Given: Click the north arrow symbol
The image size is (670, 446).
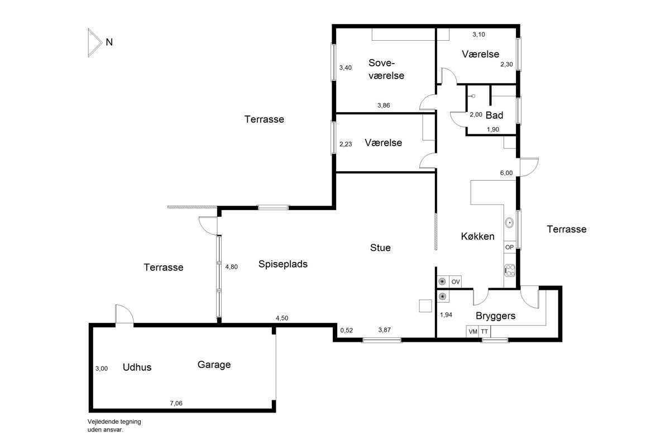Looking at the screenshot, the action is [95, 42].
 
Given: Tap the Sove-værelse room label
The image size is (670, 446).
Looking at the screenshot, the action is [386, 69].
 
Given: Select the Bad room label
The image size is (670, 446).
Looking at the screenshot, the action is [494, 115].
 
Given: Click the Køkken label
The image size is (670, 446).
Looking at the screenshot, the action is [477, 236].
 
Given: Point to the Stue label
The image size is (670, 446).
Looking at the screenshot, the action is [380, 248].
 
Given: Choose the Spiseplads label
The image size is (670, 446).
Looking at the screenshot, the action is [283, 264].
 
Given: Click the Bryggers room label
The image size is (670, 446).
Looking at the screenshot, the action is [495, 316].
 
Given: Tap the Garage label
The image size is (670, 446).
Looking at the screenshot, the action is [214, 365].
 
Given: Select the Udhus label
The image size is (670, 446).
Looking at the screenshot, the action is [137, 367].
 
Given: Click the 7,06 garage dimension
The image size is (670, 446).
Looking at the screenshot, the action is [176, 403].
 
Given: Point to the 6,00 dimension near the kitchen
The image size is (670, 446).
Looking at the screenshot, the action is [506, 173].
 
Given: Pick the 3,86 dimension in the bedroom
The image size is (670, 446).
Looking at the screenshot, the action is [384, 105].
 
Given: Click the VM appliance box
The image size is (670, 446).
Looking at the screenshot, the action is [472, 331].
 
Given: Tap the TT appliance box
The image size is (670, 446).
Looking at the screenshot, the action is [485, 331].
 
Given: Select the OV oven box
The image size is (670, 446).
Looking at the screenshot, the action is [455, 282].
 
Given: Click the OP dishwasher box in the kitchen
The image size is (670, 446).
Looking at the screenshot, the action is [510, 248].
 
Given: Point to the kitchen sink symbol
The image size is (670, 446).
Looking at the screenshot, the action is [509, 223].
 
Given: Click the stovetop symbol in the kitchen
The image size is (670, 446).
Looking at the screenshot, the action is [510, 270].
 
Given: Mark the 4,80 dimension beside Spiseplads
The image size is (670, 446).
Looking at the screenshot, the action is [232, 266].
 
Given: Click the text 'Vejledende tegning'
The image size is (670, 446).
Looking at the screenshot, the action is [114, 422].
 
